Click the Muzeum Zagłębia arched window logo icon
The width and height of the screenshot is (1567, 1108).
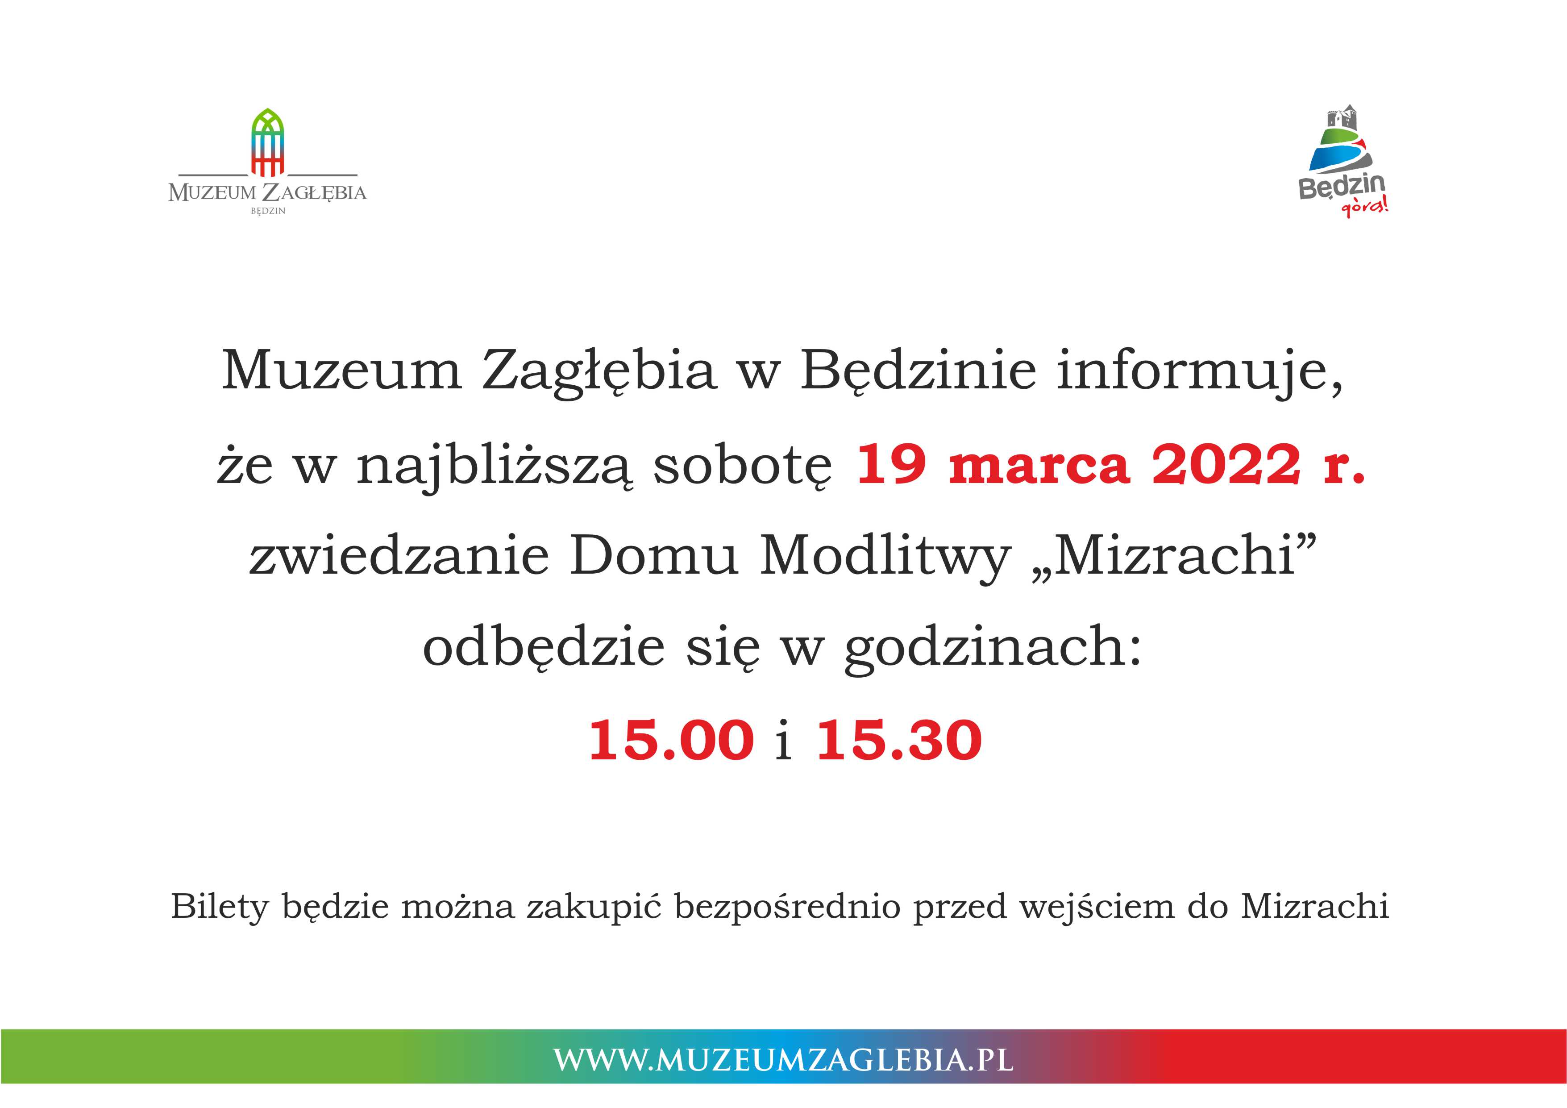(267, 142)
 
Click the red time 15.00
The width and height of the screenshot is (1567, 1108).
(672, 740)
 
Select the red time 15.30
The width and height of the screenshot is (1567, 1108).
(899, 740)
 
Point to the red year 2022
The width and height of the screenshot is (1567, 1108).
(1226, 464)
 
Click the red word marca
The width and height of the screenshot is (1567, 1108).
(1039, 466)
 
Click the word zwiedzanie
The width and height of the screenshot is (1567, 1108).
(399, 556)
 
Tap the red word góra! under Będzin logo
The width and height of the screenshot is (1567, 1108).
(1365, 205)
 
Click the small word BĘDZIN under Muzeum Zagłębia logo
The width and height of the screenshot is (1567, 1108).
(267, 211)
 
